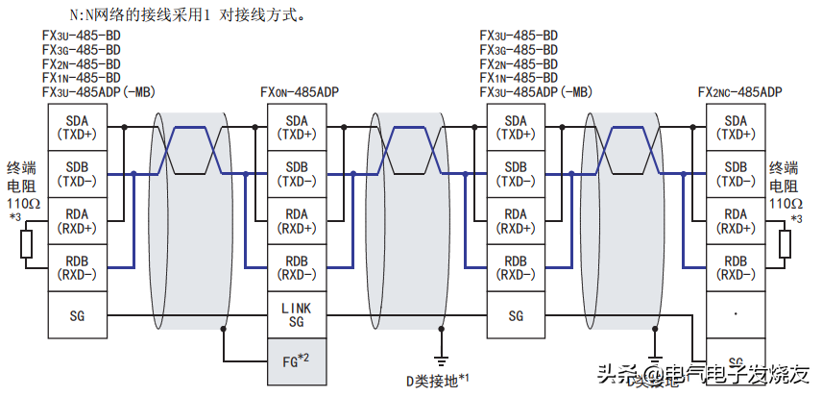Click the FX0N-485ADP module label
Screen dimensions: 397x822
pyautogui.click(x=300, y=92)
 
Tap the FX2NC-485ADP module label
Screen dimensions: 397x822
pyautogui.click(x=739, y=92)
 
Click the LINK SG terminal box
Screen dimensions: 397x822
pyautogui.click(x=296, y=314)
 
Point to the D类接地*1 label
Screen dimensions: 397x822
pyautogui.click(x=437, y=380)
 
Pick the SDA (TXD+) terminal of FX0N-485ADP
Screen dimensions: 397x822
pyautogui.click(x=296, y=127)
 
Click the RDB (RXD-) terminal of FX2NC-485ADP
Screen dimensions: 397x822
pyautogui.click(x=736, y=267)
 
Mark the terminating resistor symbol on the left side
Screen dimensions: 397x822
pyautogui.click(x=28, y=244)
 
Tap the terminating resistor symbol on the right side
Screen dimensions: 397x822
pyautogui.click(x=785, y=244)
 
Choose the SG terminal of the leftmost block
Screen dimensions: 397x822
pyautogui.click(x=77, y=314)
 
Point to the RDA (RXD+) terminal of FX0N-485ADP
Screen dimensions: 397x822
pyautogui.click(x=296, y=220)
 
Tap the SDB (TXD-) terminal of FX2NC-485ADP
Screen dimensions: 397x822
pyautogui.click(x=736, y=174)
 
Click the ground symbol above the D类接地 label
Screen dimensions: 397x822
pyautogui.click(x=439, y=358)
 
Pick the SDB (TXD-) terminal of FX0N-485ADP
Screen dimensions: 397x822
pyautogui.click(x=296, y=174)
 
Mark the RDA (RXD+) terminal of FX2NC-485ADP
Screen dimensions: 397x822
pyautogui.click(x=736, y=220)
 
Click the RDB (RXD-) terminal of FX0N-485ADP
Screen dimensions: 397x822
pyautogui.click(x=296, y=267)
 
